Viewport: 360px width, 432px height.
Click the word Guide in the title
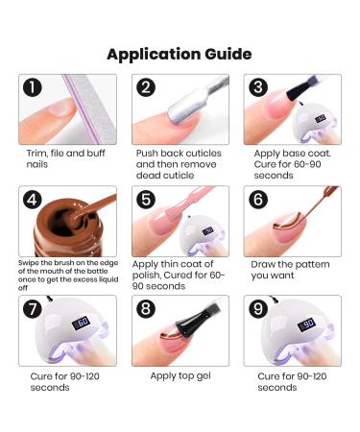click(x=228, y=54)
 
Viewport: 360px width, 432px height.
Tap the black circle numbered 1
click(x=33, y=87)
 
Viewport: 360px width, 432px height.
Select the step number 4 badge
click(x=33, y=200)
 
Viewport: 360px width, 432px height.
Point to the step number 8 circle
click(x=146, y=309)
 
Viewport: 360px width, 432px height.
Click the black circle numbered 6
click(x=258, y=200)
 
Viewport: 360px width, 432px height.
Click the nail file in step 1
click(x=89, y=109)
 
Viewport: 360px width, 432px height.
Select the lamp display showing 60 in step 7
click(x=81, y=323)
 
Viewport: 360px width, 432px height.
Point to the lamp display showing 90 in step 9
click(x=306, y=324)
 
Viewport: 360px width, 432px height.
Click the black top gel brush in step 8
click(x=199, y=319)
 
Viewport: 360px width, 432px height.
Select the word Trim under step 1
click(x=37, y=154)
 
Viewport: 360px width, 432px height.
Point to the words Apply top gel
click(x=180, y=376)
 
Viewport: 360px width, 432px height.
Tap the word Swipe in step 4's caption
click(x=28, y=263)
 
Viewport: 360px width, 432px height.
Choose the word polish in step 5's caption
click(x=146, y=276)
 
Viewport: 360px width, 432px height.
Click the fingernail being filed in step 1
click(x=60, y=108)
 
